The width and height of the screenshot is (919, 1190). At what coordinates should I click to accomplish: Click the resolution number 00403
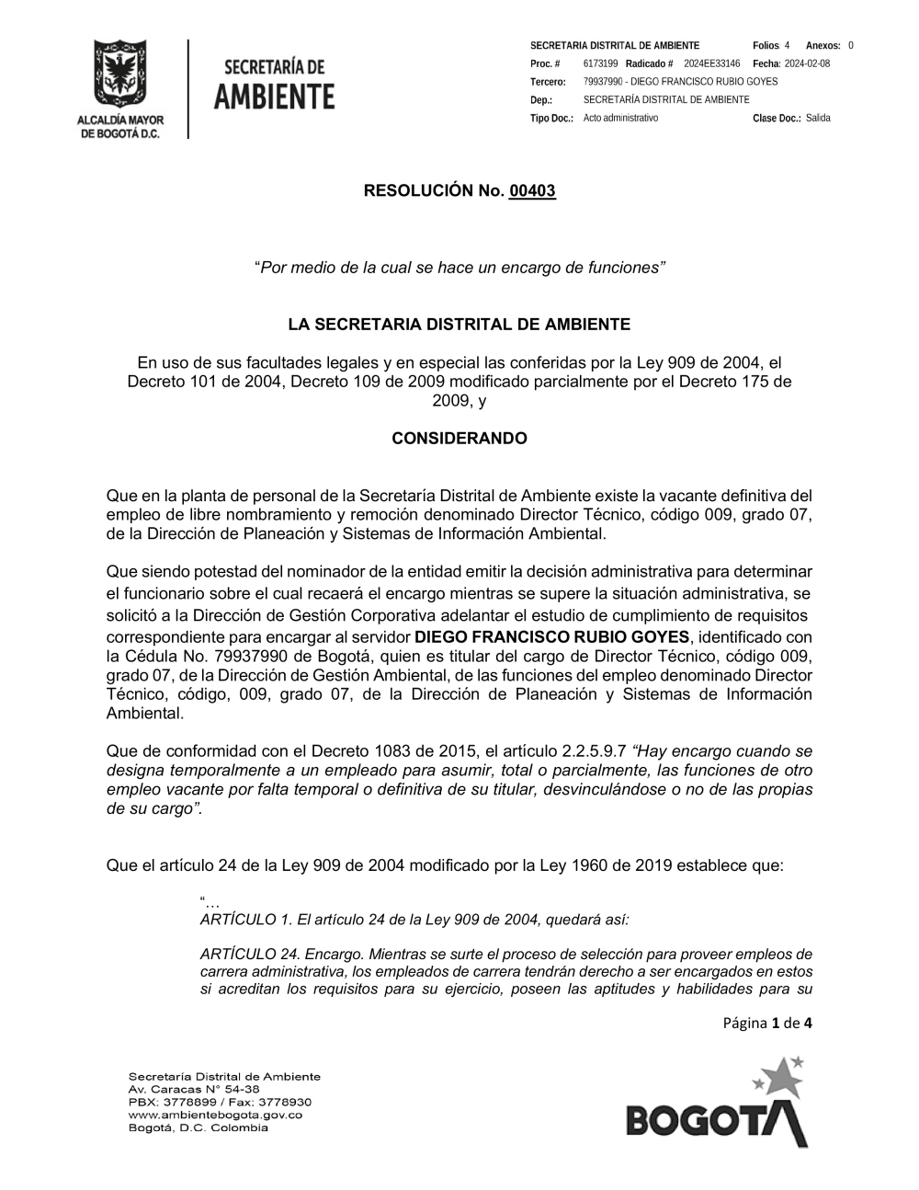[532, 191]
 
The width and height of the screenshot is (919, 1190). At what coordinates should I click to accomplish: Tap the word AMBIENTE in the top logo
[275, 96]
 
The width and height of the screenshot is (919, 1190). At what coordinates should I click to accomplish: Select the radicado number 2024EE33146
[711, 63]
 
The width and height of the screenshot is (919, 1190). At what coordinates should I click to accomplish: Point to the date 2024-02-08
[807, 63]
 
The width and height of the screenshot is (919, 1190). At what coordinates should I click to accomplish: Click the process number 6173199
[600, 63]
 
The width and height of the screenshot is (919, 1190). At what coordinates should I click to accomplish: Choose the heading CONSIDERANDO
[459, 439]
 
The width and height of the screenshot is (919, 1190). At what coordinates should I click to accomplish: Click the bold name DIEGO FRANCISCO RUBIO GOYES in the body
[551, 637]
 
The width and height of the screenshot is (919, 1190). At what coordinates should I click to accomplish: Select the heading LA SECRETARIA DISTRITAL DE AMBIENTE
[459, 325]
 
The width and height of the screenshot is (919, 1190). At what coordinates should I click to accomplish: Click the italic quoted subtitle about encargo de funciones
[459, 268]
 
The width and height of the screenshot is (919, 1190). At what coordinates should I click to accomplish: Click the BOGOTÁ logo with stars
[718, 1105]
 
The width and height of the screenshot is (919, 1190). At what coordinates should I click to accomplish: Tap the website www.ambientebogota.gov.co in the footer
[215, 1115]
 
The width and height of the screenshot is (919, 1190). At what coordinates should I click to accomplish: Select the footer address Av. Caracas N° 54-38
[194, 1089]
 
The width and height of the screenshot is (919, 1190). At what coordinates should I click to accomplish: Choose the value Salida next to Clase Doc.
[818, 118]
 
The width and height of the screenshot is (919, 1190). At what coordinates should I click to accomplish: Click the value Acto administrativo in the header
[620, 118]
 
